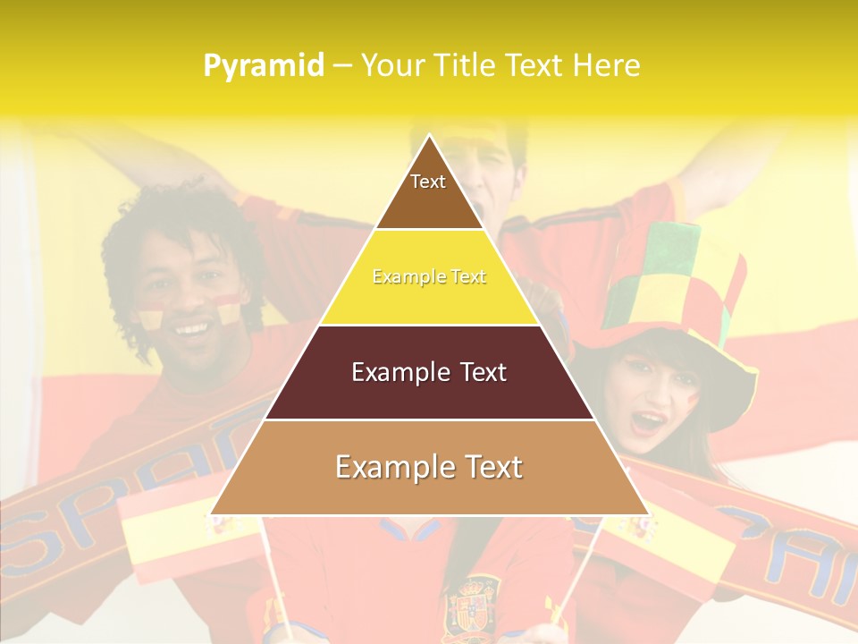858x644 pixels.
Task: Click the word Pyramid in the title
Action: pyautogui.click(x=263, y=66)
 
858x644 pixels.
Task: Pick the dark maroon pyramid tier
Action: pyautogui.click(x=429, y=394)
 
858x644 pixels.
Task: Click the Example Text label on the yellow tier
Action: pyautogui.click(x=429, y=277)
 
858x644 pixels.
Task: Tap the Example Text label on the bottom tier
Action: pyautogui.click(x=429, y=467)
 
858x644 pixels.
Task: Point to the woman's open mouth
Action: pyautogui.click(x=650, y=421)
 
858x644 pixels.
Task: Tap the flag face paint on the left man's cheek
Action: pyautogui.click(x=150, y=317)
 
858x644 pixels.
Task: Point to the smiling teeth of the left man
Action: pyautogui.click(x=191, y=329)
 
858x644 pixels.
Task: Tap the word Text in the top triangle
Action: pyautogui.click(x=428, y=182)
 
